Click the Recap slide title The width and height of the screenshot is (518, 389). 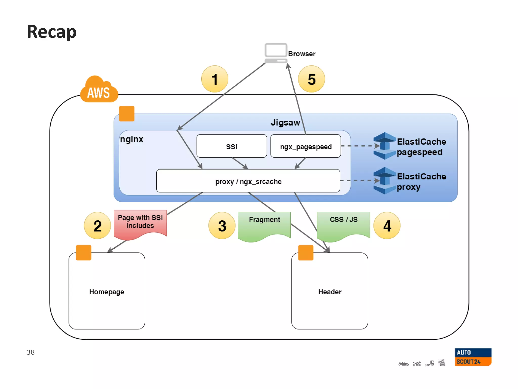(52, 32)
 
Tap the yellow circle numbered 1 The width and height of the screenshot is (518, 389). (214, 79)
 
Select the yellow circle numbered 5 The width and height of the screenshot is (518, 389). (311, 79)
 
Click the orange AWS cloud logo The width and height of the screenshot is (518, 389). (99, 90)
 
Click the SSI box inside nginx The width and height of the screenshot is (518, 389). (231, 146)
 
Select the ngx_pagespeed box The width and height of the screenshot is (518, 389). (306, 146)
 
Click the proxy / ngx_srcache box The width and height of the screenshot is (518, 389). (248, 181)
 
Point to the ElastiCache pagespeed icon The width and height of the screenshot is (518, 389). (384, 146)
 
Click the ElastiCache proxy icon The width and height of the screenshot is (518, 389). (384, 181)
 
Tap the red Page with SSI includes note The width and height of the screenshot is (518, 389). (140, 223)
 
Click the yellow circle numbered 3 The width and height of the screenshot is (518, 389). (222, 225)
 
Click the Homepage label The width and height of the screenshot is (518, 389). (106, 292)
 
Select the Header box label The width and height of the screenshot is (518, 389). (330, 292)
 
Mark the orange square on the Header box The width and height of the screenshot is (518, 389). (306, 252)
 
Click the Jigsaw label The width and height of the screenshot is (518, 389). (285, 123)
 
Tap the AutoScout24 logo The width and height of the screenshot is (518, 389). (473, 357)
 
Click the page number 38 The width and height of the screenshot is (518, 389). (31, 352)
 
